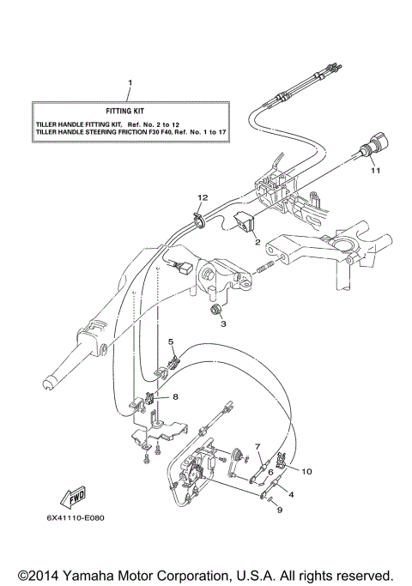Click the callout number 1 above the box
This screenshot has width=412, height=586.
[x=130, y=83]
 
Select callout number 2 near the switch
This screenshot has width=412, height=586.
[x=256, y=243]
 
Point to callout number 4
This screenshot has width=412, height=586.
[x=290, y=494]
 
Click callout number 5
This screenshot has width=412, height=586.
[x=171, y=342]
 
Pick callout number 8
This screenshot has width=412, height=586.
[x=175, y=397]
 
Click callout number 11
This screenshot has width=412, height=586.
[x=373, y=172]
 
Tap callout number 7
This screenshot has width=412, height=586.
[x=257, y=447]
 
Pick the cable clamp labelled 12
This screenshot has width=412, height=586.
[x=199, y=221]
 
